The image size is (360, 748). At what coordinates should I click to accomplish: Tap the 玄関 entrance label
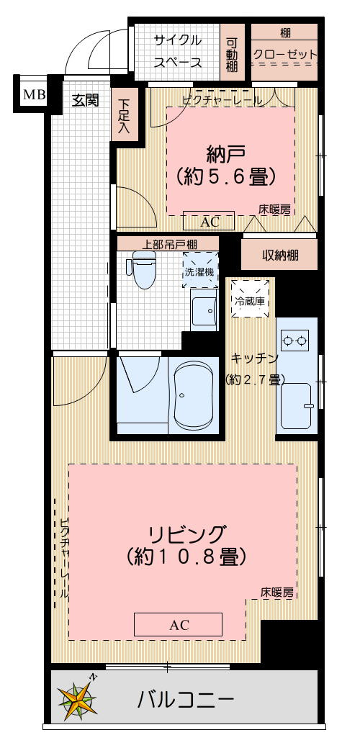(84, 100)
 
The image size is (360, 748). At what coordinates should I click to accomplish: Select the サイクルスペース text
(177, 51)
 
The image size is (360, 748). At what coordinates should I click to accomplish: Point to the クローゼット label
(284, 55)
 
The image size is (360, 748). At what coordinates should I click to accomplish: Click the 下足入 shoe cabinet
(125, 117)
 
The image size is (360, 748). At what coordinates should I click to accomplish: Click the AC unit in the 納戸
(210, 222)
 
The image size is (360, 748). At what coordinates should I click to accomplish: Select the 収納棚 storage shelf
(280, 254)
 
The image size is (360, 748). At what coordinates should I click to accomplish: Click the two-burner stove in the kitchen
(295, 338)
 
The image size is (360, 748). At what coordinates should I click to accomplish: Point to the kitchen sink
(296, 406)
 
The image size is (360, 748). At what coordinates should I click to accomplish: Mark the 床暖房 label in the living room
(277, 593)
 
